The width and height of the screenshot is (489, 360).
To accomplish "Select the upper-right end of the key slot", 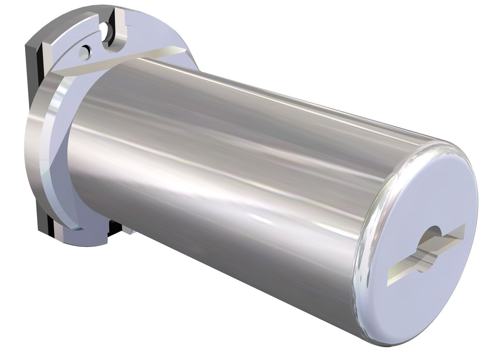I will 463,227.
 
